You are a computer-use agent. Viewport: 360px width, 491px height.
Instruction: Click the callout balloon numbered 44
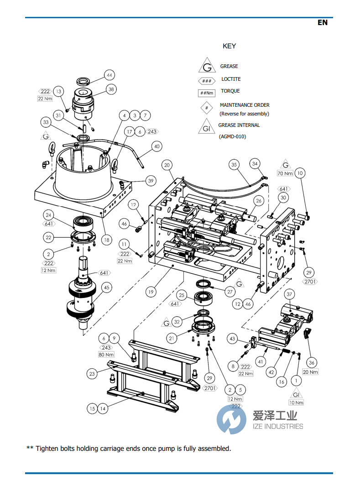pos(109,75)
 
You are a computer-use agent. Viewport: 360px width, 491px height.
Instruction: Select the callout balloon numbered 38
pos(111,90)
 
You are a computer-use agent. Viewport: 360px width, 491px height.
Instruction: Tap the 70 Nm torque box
pos(285,173)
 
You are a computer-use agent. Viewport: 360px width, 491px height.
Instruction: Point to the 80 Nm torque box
pos(106,355)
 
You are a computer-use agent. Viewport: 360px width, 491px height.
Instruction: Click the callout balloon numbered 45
pos(106,287)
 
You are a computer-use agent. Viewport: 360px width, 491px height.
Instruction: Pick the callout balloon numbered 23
pos(92,374)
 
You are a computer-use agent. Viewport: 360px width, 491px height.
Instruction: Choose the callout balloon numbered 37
pos(289,294)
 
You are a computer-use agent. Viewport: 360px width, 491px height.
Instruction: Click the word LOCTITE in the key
pos(231,79)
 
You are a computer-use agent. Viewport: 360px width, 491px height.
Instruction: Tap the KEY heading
pos(229,46)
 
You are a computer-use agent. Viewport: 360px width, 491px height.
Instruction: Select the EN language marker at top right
pos(322,22)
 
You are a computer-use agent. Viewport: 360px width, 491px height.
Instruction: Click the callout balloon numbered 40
pos(157,146)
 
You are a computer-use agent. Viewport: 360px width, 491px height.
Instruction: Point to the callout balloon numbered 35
pos(235,164)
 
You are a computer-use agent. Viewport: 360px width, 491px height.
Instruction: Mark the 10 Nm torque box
pos(296,403)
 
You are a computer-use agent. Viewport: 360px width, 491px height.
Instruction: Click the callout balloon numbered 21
pos(172,338)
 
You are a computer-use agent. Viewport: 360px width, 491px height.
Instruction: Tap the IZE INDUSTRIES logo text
pos(277,426)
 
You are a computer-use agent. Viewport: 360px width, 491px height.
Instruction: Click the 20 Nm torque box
pos(311,372)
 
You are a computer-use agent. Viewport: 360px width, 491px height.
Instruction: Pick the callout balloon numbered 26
pos(258,201)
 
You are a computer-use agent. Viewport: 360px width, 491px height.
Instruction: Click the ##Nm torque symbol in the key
pos(207,93)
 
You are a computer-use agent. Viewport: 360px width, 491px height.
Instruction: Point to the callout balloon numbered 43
pos(233,339)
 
